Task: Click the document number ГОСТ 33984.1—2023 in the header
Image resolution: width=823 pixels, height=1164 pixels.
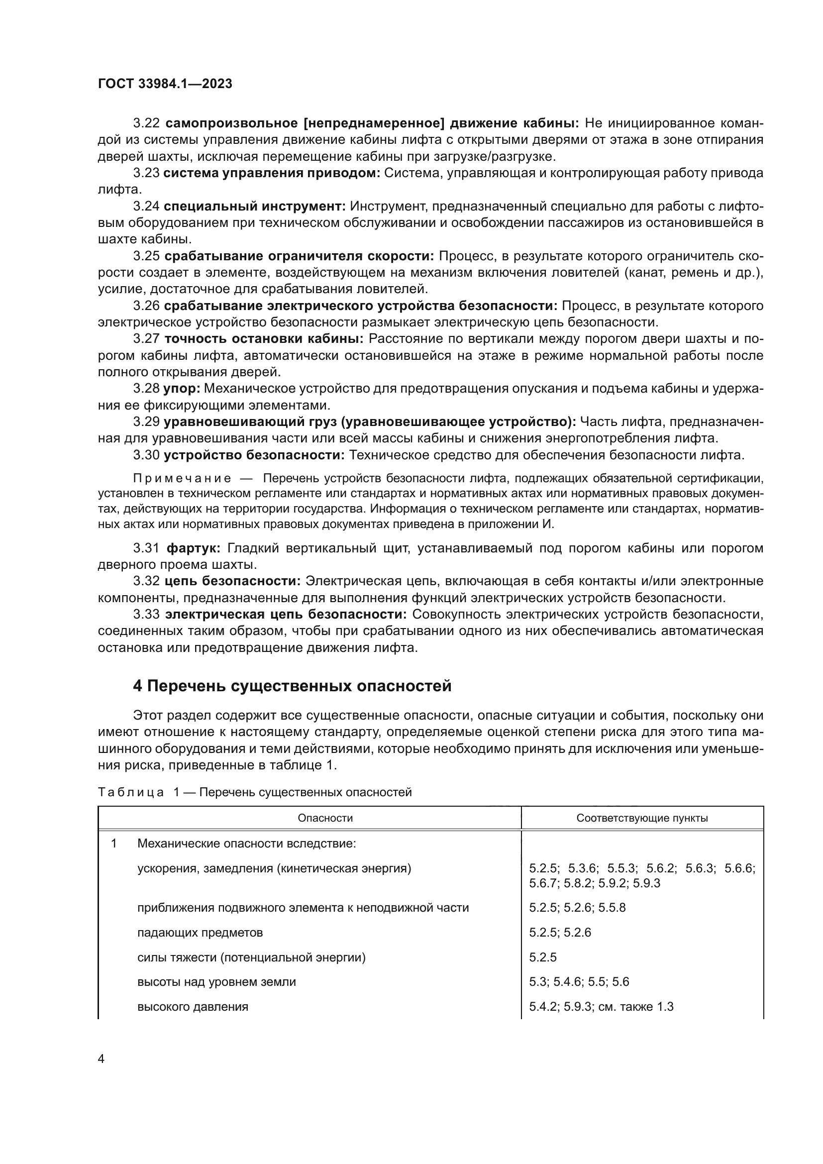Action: [x=165, y=84]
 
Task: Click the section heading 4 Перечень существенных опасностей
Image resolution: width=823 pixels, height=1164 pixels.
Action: [x=292, y=686]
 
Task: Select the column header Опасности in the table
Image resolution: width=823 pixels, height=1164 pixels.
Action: [x=325, y=818]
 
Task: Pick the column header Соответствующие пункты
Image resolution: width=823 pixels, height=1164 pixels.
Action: [x=642, y=818]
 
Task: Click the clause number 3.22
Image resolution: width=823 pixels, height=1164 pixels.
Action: [x=146, y=123]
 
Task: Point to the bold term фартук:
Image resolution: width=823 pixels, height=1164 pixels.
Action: [x=193, y=548]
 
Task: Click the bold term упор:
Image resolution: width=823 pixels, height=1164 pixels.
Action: [x=182, y=389]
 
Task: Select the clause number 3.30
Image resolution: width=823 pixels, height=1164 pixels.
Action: [x=146, y=455]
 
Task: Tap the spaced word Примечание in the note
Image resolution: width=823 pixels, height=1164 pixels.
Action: [x=182, y=479]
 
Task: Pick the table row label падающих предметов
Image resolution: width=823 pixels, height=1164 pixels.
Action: [x=200, y=932]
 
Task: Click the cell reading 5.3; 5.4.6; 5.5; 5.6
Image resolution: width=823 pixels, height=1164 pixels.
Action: [x=579, y=982]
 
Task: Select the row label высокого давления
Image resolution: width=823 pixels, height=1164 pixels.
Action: [x=193, y=1007]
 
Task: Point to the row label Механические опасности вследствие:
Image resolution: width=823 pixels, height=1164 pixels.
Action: [x=246, y=844]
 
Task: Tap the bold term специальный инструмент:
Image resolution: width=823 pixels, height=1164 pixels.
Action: [x=255, y=207]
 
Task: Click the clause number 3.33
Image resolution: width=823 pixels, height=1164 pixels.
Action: [x=146, y=615]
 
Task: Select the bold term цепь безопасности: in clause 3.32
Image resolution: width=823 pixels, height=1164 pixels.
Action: [x=232, y=581]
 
